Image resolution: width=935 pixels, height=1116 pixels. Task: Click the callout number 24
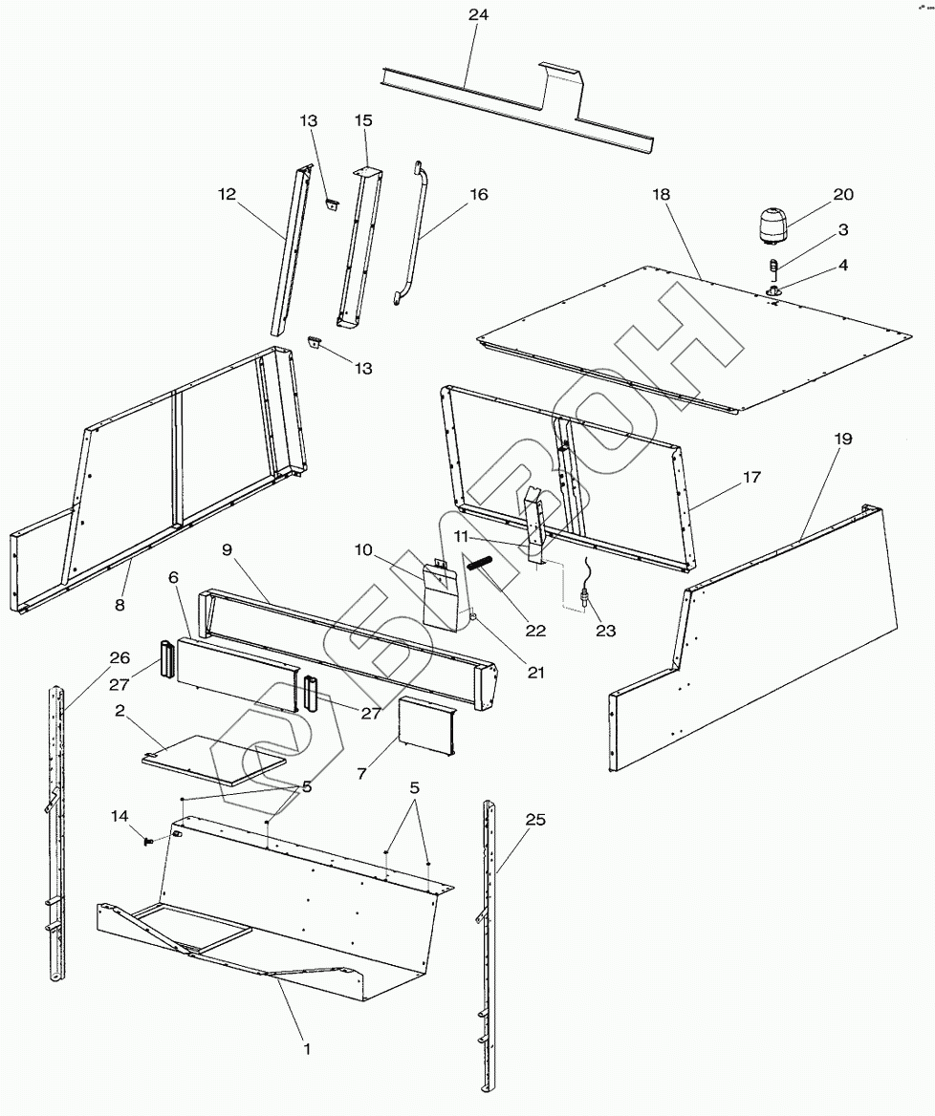click(478, 16)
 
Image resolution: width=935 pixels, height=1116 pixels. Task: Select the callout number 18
click(662, 194)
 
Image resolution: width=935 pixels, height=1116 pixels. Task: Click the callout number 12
click(227, 194)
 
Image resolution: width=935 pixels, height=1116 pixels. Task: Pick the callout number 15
click(363, 120)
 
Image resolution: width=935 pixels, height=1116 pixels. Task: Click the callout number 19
click(842, 439)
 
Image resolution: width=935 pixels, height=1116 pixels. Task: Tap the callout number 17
click(752, 477)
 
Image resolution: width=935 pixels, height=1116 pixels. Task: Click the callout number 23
click(604, 630)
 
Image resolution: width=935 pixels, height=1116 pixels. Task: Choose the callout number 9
click(228, 549)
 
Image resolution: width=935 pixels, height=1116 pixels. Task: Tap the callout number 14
click(119, 816)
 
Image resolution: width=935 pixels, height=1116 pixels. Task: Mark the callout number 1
click(307, 1048)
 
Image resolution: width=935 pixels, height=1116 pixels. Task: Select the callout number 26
click(120, 657)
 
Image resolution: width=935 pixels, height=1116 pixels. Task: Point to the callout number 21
click(535, 672)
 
